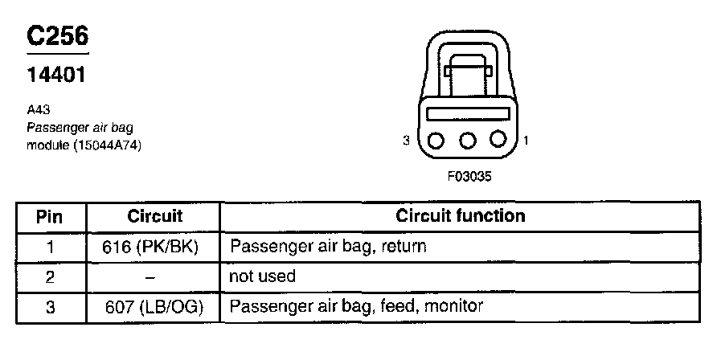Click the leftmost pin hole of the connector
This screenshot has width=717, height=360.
pyautogui.click(x=436, y=140)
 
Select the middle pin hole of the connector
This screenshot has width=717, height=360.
pyautogui.click(x=468, y=140)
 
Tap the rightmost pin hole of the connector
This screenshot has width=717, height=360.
pyautogui.click(x=499, y=140)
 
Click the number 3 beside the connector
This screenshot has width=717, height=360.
pyautogui.click(x=408, y=141)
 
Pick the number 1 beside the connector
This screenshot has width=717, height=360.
pyautogui.click(x=526, y=141)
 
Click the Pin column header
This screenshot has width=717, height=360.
pyautogui.click(x=50, y=217)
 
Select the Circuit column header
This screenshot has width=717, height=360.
pyautogui.click(x=155, y=216)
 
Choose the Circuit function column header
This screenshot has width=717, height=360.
pyautogui.click(x=461, y=216)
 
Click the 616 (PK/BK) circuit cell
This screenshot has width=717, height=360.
pyautogui.click(x=154, y=247)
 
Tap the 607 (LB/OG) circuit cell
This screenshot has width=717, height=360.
pyautogui.click(x=154, y=307)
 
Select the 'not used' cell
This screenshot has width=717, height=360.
pyautogui.click(x=263, y=276)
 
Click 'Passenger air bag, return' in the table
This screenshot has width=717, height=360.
pyautogui.click(x=328, y=247)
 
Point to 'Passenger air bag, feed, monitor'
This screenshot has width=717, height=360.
pyautogui.click(x=357, y=307)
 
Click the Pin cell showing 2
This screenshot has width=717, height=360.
pyautogui.click(x=50, y=277)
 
